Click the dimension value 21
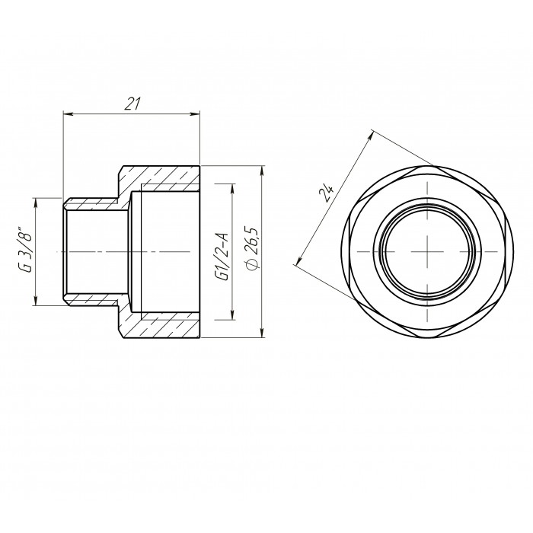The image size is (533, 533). pyautogui.click(x=132, y=104)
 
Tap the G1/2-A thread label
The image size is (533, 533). pyautogui.click(x=223, y=257)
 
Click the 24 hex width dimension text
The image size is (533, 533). pyautogui.click(x=327, y=193)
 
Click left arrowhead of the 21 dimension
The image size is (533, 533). pyautogui.click(x=67, y=114)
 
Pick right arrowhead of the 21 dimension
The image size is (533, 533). pyautogui.click(x=196, y=114)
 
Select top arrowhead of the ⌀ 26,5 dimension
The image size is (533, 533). pyautogui.click(x=262, y=171)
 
